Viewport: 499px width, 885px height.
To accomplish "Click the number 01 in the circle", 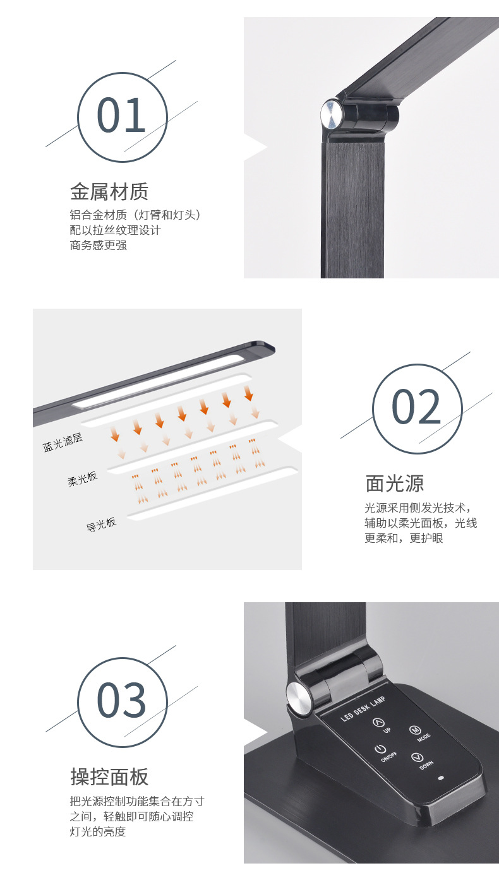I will pyautogui.click(x=121, y=116).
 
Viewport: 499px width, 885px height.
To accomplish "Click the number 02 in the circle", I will pyautogui.click(x=416, y=407).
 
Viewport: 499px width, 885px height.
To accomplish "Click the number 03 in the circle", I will pyautogui.click(x=121, y=701).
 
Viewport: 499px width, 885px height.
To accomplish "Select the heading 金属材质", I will pyautogui.click(x=109, y=191).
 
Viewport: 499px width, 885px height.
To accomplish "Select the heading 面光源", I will pyautogui.click(x=395, y=484).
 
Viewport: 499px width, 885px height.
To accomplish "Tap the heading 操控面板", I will pyautogui.click(x=109, y=776).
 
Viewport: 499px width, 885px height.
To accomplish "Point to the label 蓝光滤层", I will pyautogui.click(x=63, y=442).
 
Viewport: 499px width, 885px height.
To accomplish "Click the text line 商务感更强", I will pyautogui.click(x=99, y=245).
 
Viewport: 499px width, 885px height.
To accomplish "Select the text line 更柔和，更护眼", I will pyautogui.click(x=404, y=538).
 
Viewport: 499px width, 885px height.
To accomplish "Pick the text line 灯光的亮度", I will pyautogui.click(x=98, y=831).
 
